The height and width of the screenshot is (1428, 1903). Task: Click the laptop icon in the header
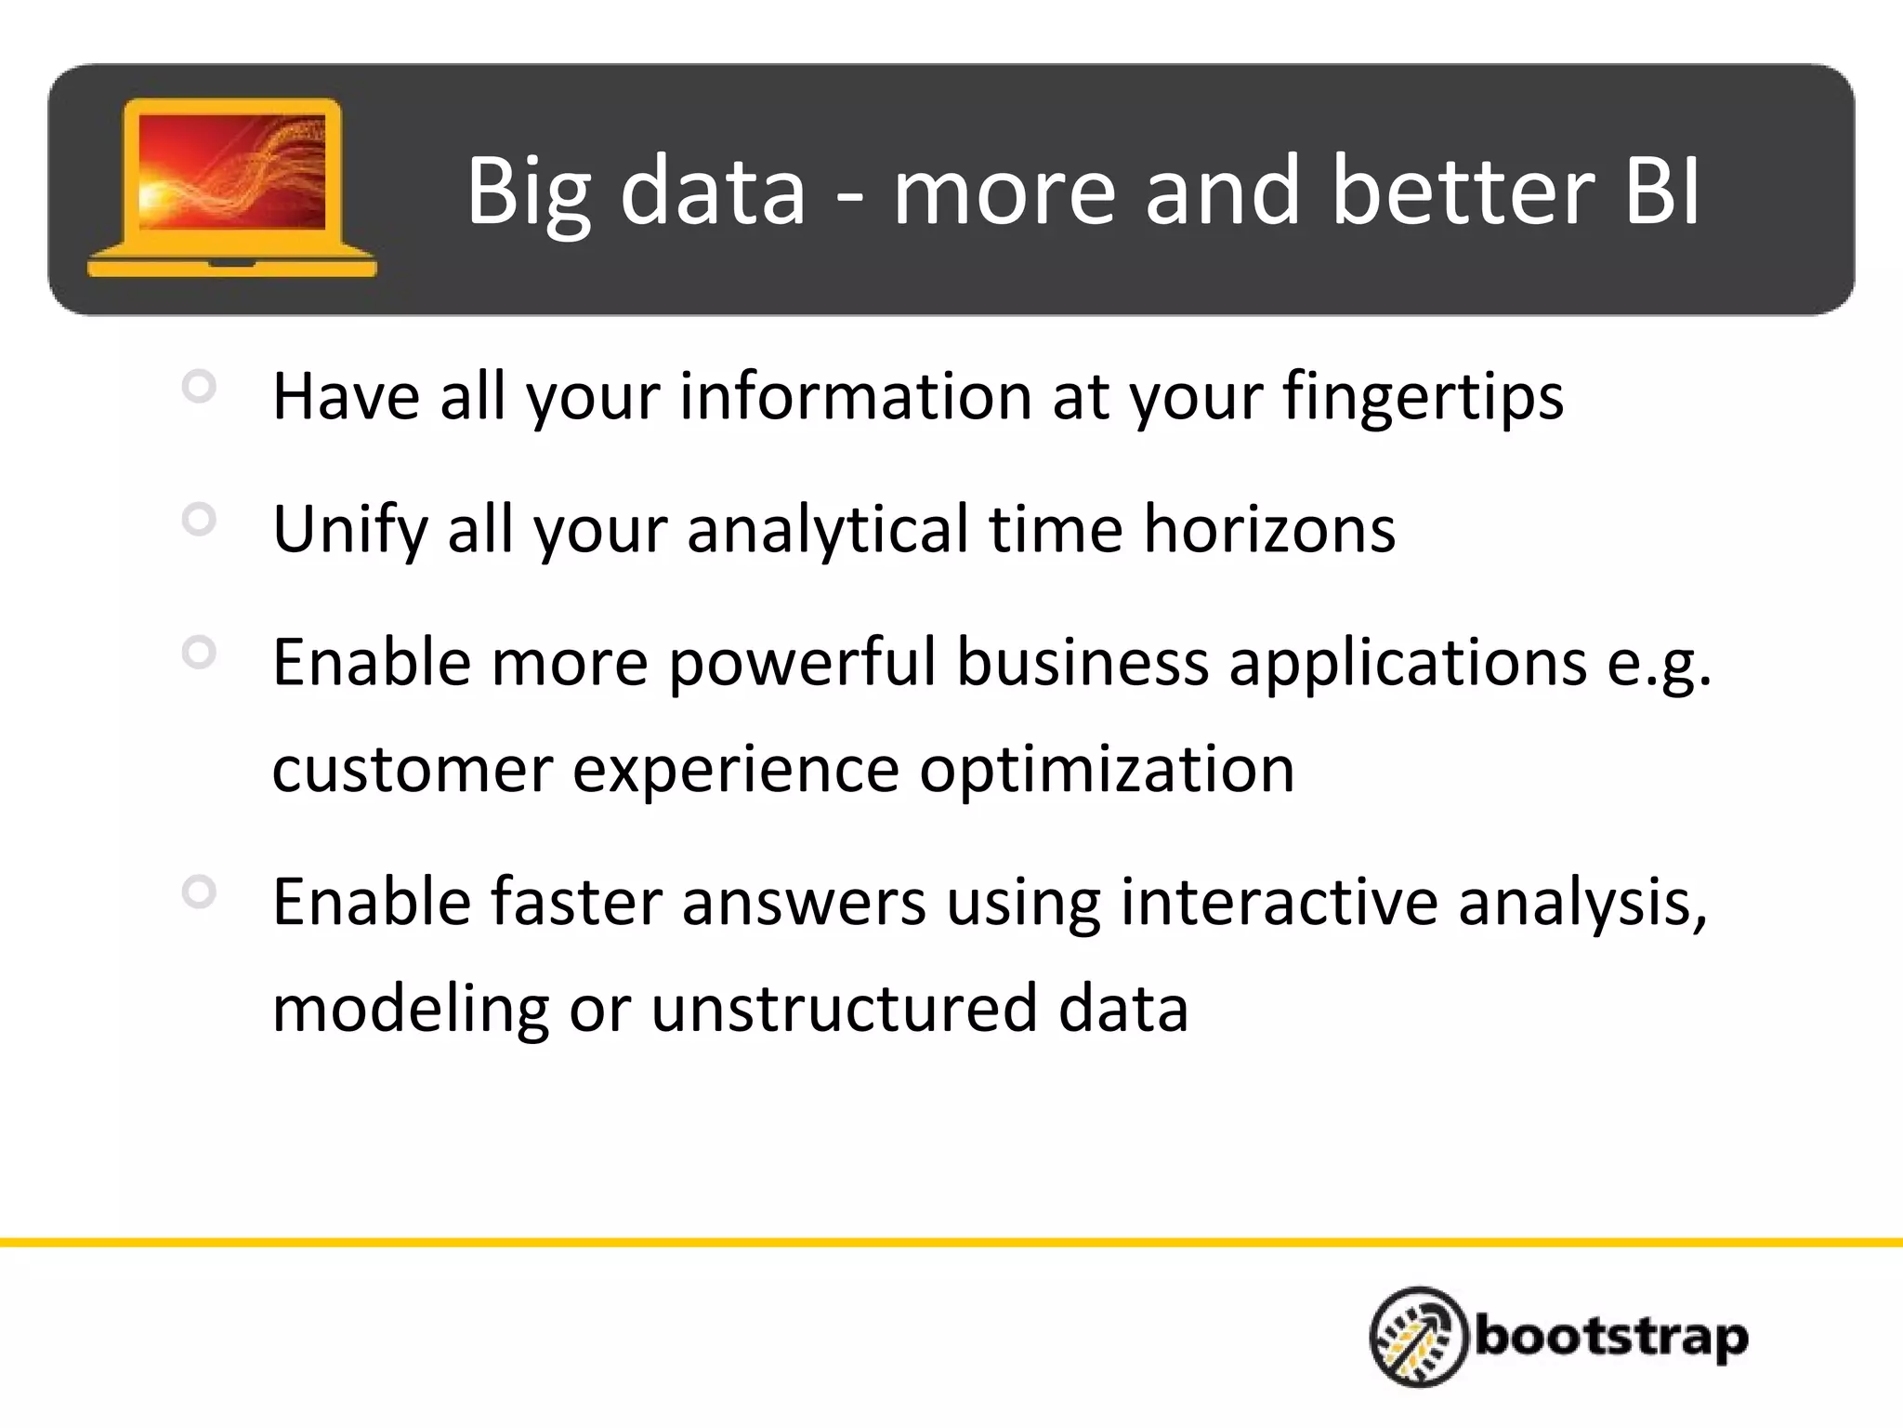pyautogui.click(x=231, y=186)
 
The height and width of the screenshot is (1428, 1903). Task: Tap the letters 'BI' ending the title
pyautogui.click(x=1663, y=191)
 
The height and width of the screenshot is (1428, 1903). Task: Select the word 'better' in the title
pyautogui.click(x=1462, y=191)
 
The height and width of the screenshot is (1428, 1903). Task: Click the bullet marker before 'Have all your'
pyautogui.click(x=199, y=386)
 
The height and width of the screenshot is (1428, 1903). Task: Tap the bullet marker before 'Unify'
pyautogui.click(x=199, y=519)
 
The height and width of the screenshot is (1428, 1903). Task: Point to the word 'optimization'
pyautogui.click(x=1107, y=771)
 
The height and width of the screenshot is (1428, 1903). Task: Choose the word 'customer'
pyautogui.click(x=413, y=771)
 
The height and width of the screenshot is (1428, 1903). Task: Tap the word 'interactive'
pyautogui.click(x=1279, y=902)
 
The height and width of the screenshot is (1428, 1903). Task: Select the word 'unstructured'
pyautogui.click(x=844, y=1009)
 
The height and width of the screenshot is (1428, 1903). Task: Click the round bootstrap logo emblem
pyautogui.click(x=1418, y=1336)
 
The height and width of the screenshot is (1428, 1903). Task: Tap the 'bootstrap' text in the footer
pyautogui.click(x=1611, y=1338)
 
